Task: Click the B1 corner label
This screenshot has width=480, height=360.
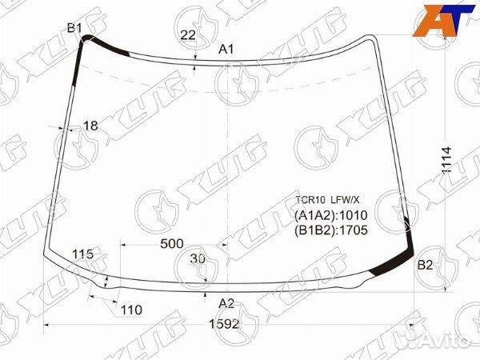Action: coord(74,29)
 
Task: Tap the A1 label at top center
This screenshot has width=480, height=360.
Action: coord(226,50)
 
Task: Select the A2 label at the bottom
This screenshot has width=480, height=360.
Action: coord(226,302)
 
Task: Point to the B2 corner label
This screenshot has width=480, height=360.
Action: coord(426,266)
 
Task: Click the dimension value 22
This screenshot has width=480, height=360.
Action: coord(188,34)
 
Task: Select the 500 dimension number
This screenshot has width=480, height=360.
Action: coord(171,243)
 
